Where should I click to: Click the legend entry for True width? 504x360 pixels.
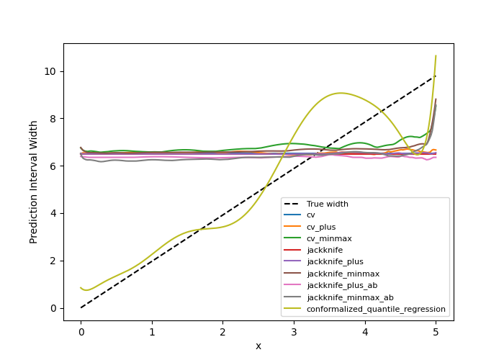point(327,204)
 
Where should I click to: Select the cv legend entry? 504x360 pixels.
point(311,215)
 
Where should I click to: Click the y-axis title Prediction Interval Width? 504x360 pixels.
point(34,181)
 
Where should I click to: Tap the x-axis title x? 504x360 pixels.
point(258,346)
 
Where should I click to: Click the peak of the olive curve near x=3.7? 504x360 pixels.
point(341,93)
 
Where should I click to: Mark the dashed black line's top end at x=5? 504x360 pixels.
point(436,76)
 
